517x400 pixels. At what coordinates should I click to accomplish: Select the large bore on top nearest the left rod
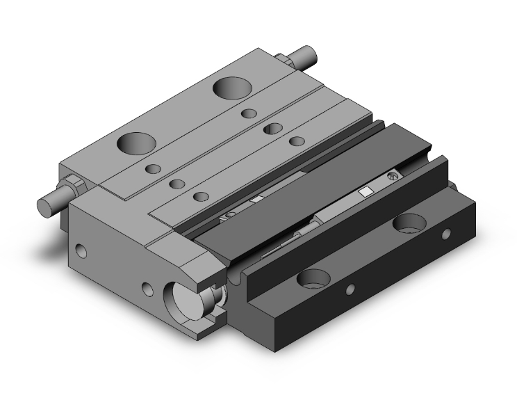point(136,143)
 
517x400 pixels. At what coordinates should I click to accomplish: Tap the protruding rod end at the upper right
point(306,55)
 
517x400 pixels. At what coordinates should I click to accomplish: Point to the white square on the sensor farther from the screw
point(256,200)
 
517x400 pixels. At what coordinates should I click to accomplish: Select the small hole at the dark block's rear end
point(446,233)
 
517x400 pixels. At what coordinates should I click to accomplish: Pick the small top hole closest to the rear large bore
point(249,113)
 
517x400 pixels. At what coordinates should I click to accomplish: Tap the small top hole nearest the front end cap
point(202,196)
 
